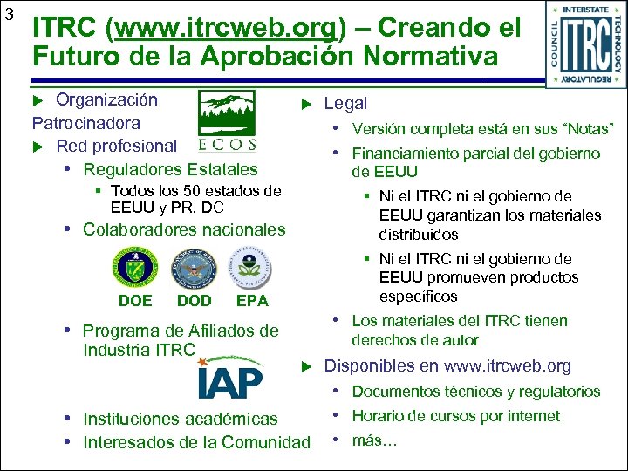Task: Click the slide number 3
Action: click(x=9, y=14)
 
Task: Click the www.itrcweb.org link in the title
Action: click(x=225, y=29)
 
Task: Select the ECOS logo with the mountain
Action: click(x=227, y=119)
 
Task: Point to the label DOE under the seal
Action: click(x=134, y=301)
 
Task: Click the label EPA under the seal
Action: click(x=252, y=301)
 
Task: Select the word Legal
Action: click(x=345, y=103)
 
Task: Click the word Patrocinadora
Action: click(x=86, y=123)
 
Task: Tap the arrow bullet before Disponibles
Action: click(x=306, y=365)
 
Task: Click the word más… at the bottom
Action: click(x=374, y=440)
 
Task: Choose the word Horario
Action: click(x=381, y=416)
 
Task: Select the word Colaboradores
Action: click(x=133, y=229)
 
